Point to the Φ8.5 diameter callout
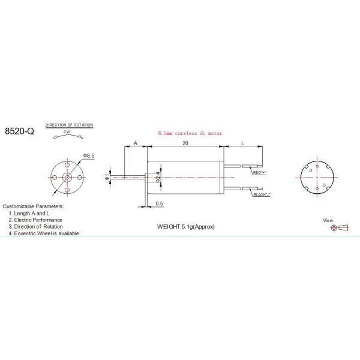tap(89, 156)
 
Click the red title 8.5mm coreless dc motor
tap(189, 133)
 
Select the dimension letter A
tap(136, 143)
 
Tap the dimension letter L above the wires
tap(242, 143)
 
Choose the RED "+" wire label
tap(260, 172)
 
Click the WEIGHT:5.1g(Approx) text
tap(185, 227)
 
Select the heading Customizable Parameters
tap(33, 206)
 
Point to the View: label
tap(328, 220)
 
